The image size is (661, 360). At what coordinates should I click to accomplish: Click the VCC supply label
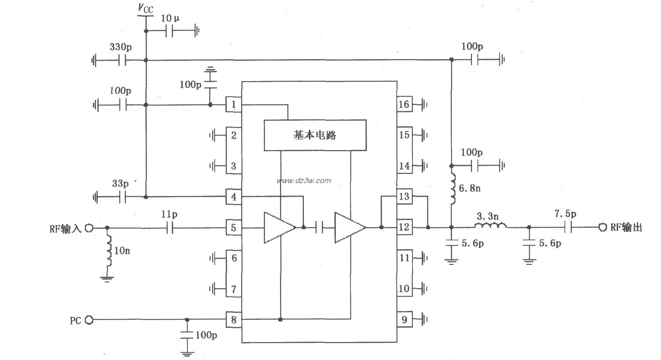click(x=145, y=9)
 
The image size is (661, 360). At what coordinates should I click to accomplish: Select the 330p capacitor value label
click(x=120, y=47)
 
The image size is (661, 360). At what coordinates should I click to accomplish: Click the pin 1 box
click(x=233, y=105)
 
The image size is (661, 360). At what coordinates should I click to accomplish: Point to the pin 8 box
click(x=233, y=320)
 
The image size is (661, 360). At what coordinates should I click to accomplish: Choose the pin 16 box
click(x=404, y=105)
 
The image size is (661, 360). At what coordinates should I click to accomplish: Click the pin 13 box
click(x=404, y=197)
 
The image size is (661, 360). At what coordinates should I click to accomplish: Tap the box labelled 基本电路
click(x=315, y=135)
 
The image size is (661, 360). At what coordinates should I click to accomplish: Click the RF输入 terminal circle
click(x=89, y=228)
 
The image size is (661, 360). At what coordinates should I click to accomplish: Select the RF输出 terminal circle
click(x=602, y=227)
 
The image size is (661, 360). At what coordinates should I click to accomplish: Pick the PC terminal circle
click(x=89, y=320)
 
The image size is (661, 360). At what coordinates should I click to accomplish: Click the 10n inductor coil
click(x=109, y=251)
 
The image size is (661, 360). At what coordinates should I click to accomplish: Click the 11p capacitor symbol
click(x=169, y=228)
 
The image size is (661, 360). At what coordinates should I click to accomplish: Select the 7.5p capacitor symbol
click(x=568, y=228)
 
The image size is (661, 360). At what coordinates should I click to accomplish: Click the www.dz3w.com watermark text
click(x=304, y=181)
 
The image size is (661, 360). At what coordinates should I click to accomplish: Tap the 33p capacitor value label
click(x=120, y=183)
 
